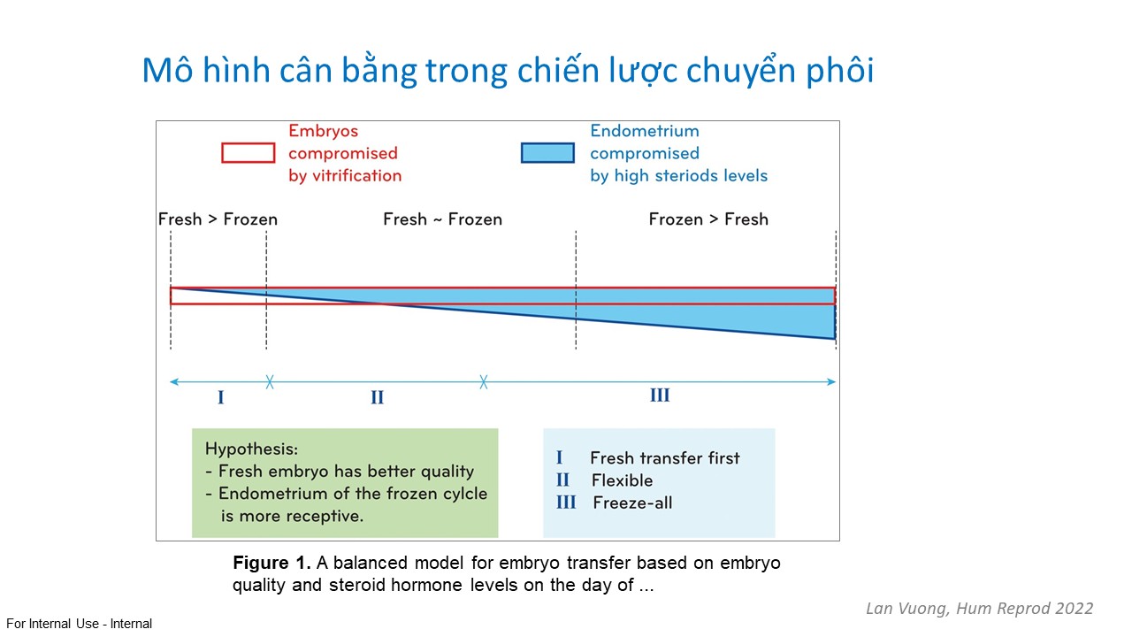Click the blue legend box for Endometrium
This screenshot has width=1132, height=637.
pyautogui.click(x=547, y=153)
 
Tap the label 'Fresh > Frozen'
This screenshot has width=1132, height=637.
pyautogui.click(x=218, y=219)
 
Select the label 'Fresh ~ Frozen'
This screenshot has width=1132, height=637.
pyautogui.click(x=443, y=219)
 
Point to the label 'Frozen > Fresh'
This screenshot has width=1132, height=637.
pyautogui.click(x=708, y=219)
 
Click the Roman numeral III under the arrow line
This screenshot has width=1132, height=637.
pyautogui.click(x=660, y=395)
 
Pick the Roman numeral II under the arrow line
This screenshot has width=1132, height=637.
pyautogui.click(x=377, y=397)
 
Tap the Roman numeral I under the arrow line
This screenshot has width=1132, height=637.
pyautogui.click(x=221, y=397)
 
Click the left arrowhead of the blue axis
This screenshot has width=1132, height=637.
pyautogui.click(x=174, y=381)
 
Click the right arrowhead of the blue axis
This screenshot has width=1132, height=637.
pyautogui.click(x=831, y=381)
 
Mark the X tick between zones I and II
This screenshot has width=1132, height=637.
pyautogui.click(x=270, y=381)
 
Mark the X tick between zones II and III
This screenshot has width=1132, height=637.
pyautogui.click(x=484, y=381)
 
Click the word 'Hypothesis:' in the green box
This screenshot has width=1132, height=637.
pyautogui.click(x=252, y=449)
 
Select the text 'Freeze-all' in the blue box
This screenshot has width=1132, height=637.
pyautogui.click(x=632, y=503)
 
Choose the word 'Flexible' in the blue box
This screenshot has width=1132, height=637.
pyautogui.click(x=622, y=480)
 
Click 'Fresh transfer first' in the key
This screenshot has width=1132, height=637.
pyautogui.click(x=664, y=458)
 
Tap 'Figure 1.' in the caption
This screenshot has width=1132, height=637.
pyautogui.click(x=272, y=563)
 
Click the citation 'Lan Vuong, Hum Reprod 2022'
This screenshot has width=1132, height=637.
pyautogui.click(x=979, y=608)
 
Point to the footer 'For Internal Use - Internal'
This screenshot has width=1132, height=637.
pyautogui.click(x=79, y=624)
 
